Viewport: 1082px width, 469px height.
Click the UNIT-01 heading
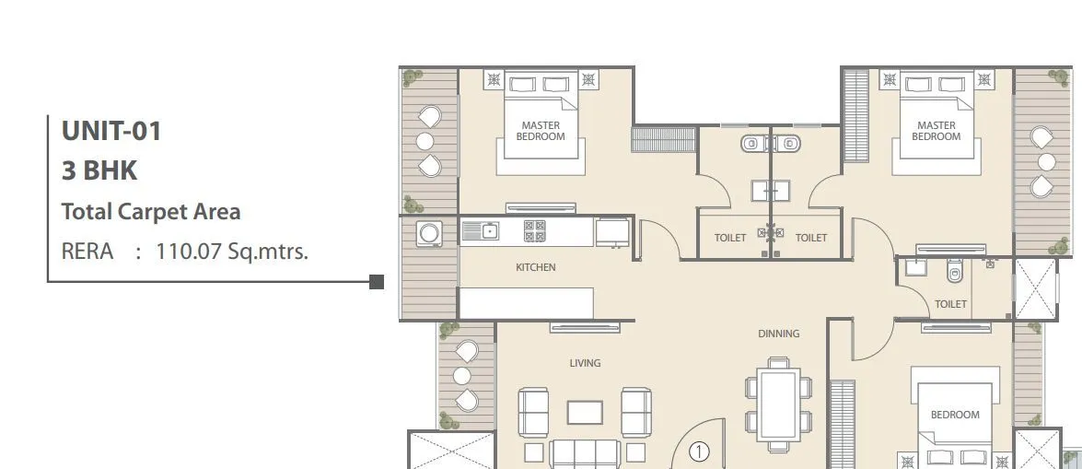coord(111,132)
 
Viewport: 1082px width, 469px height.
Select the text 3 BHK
coord(99,171)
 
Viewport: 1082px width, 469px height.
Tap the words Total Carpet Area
coord(151,212)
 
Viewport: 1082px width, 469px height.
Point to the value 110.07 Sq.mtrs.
coord(232,252)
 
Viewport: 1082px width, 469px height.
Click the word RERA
coord(87,252)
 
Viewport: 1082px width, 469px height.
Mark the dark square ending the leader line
coord(377,282)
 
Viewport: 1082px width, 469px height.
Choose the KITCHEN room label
coord(535,267)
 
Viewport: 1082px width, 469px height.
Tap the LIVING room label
coord(585,363)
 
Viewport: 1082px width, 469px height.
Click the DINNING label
coord(778,334)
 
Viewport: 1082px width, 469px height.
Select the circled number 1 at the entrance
coord(699,451)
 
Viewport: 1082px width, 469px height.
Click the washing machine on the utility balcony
coord(429,233)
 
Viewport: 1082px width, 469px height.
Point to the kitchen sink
coord(480,230)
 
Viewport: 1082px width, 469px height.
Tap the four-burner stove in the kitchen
coord(534,230)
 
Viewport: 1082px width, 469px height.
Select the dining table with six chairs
coord(779,405)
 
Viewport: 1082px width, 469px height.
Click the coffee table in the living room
coord(585,411)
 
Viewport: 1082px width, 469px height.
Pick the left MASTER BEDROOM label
coord(541,131)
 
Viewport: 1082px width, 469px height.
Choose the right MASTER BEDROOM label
coord(936,131)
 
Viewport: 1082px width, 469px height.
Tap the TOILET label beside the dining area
coord(950,304)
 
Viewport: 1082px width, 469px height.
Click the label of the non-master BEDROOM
coord(955,415)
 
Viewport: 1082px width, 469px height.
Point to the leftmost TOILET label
coord(730,238)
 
